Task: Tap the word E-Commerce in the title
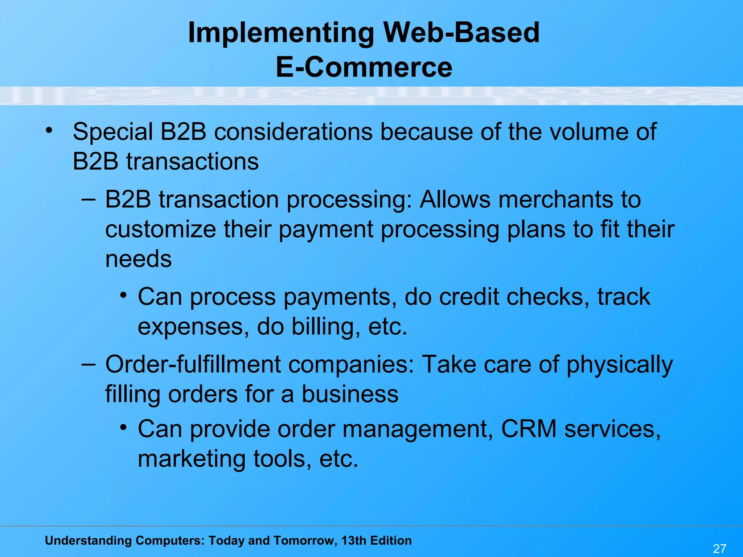coord(364,67)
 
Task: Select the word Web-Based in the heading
coord(461,33)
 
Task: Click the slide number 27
coord(719,548)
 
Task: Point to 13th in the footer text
coord(354,540)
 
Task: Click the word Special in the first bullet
coord(113,132)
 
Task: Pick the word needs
coord(138,260)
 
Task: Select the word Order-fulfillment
coord(193,364)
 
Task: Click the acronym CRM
coord(529,429)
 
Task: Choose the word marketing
coord(192,459)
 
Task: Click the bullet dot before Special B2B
coord(49,129)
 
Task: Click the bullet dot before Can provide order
coord(124,428)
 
